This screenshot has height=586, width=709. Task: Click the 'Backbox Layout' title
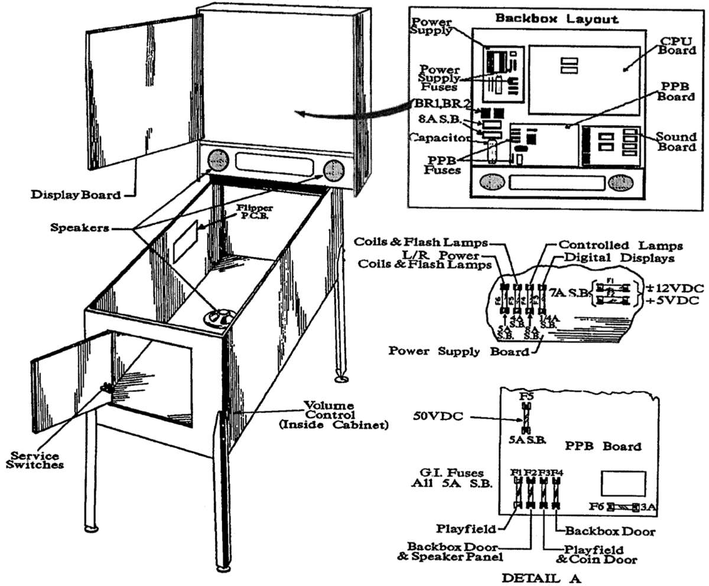tap(557, 18)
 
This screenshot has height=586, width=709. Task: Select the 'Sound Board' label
tap(677, 142)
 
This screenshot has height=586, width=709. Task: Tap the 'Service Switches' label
tap(35, 460)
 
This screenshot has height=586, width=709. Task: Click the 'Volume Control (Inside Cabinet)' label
tap(329, 415)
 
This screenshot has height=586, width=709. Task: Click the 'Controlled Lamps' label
tap(620, 245)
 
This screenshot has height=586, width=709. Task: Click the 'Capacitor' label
tap(438, 138)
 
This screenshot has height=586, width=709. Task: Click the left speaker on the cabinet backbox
tap(217, 159)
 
